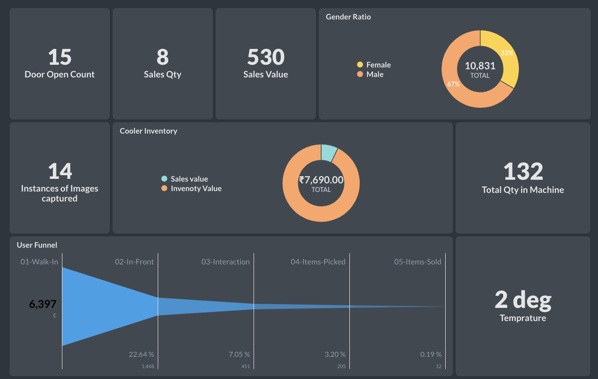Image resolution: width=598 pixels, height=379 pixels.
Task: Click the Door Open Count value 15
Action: tap(60, 58)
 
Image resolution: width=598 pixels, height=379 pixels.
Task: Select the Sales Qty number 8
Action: tap(162, 58)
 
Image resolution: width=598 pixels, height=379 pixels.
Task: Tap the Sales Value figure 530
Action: tap(265, 58)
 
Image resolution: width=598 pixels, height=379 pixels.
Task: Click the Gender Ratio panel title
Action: tap(348, 17)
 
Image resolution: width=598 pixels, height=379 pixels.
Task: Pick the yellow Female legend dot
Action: tap(360, 65)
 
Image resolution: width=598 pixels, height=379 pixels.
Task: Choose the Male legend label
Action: tap(375, 74)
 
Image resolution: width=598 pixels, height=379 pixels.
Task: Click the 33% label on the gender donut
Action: tap(507, 53)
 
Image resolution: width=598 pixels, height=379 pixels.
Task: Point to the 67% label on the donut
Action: tap(453, 84)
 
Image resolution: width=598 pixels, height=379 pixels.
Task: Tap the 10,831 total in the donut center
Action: tap(480, 66)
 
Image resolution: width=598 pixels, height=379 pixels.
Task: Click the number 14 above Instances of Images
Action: tap(60, 172)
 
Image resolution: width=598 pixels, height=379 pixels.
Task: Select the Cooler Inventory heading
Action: tap(148, 131)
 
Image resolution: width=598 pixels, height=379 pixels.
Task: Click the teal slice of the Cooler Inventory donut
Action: tap(328, 153)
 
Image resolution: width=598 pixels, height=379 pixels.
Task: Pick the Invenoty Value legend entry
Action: tap(196, 188)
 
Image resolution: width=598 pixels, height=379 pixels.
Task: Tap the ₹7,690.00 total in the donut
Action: tap(321, 180)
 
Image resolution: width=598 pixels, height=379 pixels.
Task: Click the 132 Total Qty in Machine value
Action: tap(523, 172)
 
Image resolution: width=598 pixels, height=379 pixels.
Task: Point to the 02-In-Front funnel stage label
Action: tap(134, 262)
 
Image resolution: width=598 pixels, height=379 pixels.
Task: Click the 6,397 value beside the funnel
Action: tap(42, 304)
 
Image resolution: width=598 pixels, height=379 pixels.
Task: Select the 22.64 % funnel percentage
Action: tap(141, 354)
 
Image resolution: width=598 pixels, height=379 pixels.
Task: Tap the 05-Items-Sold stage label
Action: tap(418, 262)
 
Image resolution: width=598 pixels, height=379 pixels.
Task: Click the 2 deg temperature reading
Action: tap(523, 300)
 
